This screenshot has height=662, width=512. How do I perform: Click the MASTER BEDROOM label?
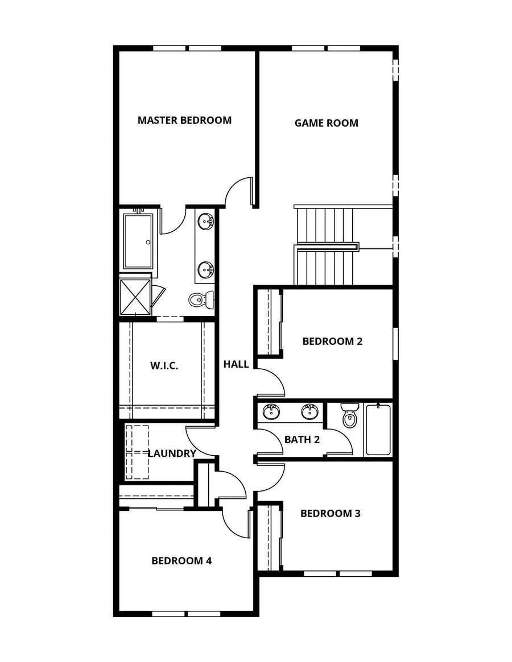[184, 120]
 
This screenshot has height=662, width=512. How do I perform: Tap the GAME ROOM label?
[326, 123]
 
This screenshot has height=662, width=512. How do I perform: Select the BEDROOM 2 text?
[332, 342]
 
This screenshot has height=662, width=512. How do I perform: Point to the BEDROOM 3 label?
[330, 514]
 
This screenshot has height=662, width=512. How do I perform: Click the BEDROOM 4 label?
[181, 561]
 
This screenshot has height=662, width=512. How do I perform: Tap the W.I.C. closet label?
[164, 365]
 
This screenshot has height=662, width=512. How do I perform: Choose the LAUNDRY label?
[171, 453]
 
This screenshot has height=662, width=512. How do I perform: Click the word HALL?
[236, 364]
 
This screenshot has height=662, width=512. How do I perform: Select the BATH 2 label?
[302, 439]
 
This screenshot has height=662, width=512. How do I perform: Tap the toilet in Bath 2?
[349, 417]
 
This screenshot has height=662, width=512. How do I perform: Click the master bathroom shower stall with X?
[135, 297]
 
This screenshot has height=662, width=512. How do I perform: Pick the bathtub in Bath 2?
[378, 430]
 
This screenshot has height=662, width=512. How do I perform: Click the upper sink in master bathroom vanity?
[205, 221]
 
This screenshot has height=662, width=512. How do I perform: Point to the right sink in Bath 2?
[309, 411]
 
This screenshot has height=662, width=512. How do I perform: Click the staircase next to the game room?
[324, 245]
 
